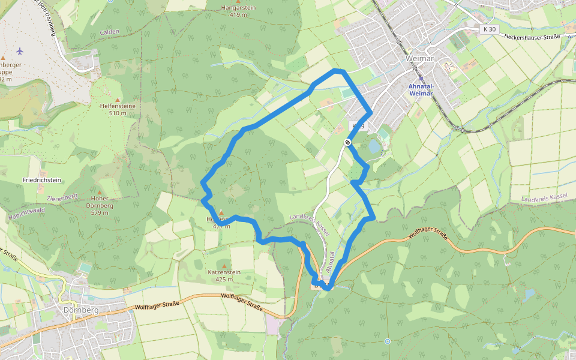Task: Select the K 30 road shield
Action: pyautogui.click(x=490, y=29)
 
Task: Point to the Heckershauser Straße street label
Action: pyautogui.click(x=532, y=37)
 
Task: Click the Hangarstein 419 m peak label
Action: pyautogui.click(x=239, y=11)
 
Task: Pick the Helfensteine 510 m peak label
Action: pyautogui.click(x=118, y=109)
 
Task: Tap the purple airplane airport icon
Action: pyautogui.click(x=20, y=50)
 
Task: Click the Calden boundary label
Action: pyautogui.click(x=110, y=32)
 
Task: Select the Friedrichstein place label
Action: pyautogui.click(x=42, y=180)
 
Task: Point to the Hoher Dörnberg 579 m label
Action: pyautogui.click(x=104, y=205)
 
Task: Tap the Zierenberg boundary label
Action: pyautogui.click(x=62, y=196)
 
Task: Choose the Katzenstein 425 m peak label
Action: pyautogui.click(x=224, y=275)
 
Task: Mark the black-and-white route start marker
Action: pyautogui.click(x=347, y=142)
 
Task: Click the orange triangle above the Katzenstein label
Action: pyautogui.click(x=224, y=266)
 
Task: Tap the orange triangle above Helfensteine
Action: pyautogui.click(x=118, y=100)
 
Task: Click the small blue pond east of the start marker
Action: pyautogui.click(x=374, y=146)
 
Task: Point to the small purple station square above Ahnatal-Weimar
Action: pyautogui.click(x=421, y=78)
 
